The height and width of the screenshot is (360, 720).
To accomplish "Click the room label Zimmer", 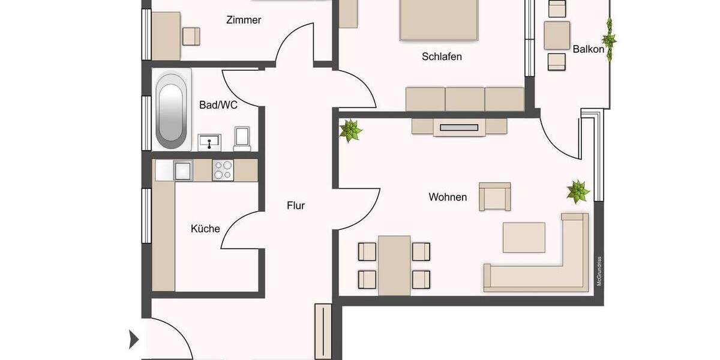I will [x=244, y=20].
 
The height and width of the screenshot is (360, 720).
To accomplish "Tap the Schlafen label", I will [x=442, y=57].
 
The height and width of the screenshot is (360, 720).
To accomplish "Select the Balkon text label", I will [x=588, y=49].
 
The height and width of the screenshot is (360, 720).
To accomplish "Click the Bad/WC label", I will [x=218, y=105].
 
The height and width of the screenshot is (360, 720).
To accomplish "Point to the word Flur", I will [x=296, y=206].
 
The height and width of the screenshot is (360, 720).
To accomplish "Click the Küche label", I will [x=205, y=229].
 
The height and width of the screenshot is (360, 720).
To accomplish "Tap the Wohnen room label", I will [x=448, y=197].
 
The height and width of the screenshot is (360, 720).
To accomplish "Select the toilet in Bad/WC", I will [x=242, y=138].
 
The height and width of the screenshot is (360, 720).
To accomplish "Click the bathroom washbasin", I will [x=210, y=143].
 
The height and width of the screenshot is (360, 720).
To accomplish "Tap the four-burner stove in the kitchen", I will [x=223, y=170].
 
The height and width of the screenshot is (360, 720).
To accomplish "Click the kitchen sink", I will [x=182, y=170].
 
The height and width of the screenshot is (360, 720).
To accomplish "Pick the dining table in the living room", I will [x=394, y=265].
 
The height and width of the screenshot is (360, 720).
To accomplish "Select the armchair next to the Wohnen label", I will [x=494, y=197].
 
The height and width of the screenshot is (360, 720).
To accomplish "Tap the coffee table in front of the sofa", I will [x=524, y=237].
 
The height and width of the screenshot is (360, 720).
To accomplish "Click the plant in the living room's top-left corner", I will [x=350, y=130].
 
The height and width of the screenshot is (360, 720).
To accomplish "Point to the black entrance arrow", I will [x=134, y=340].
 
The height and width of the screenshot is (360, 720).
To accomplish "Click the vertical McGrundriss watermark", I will [x=599, y=271].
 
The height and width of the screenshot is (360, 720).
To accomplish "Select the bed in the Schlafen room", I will [x=440, y=19].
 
